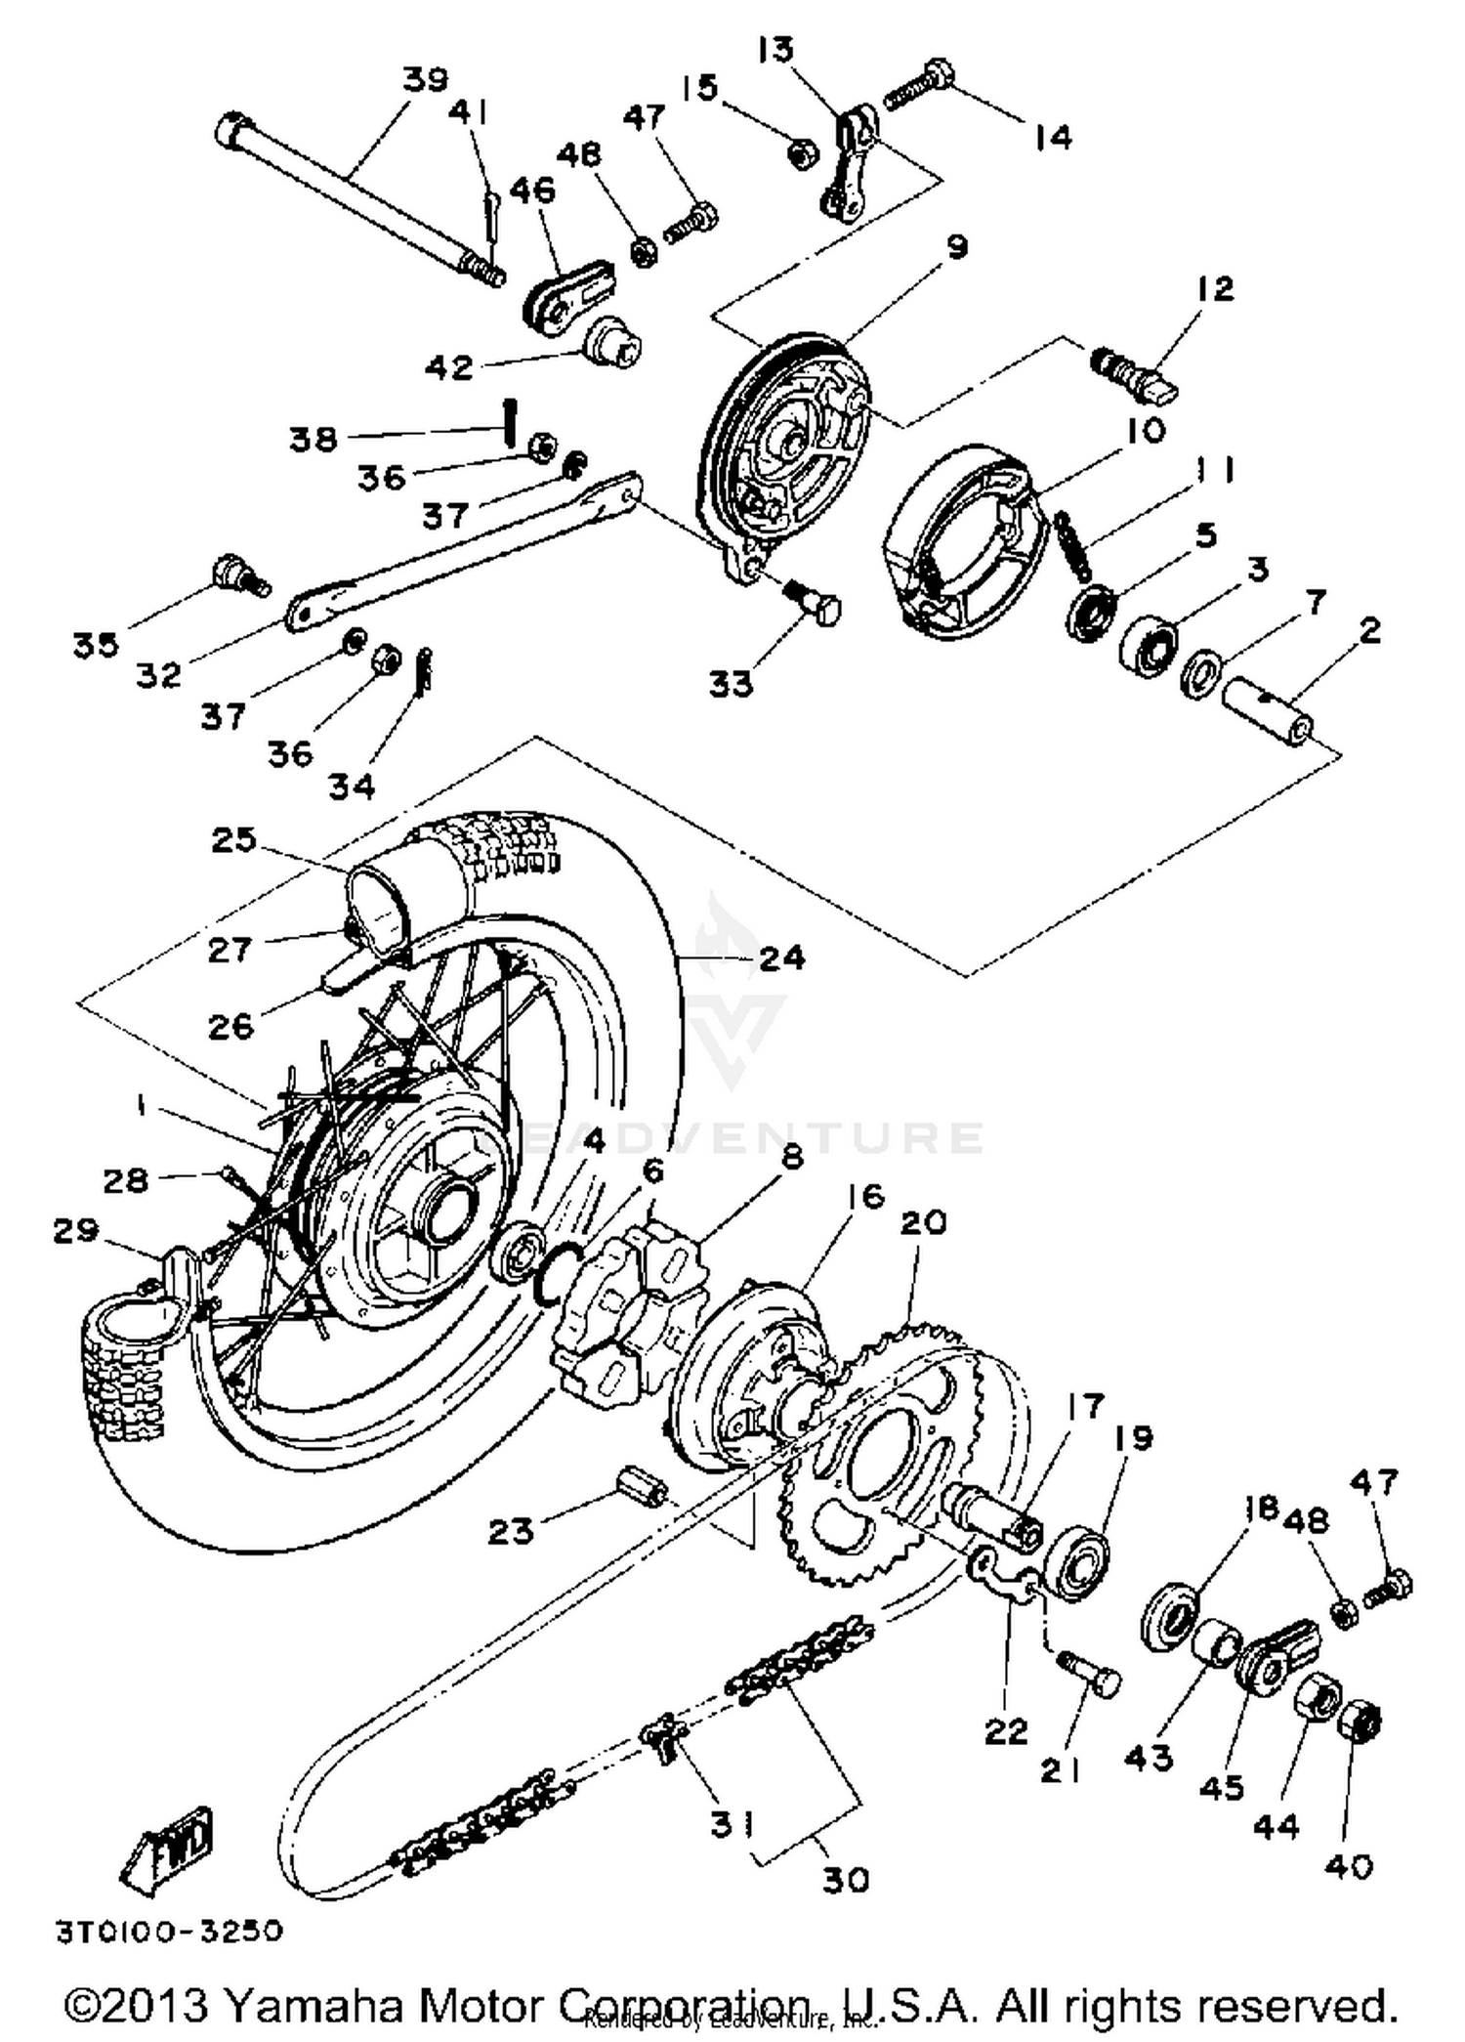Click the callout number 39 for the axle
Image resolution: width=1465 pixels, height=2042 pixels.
425,79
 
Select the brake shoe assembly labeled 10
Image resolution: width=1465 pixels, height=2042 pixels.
952,542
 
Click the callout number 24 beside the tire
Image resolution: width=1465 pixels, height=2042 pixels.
781,958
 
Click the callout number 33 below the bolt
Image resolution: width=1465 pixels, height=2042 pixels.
732,684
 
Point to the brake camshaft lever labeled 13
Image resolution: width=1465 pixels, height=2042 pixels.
850,161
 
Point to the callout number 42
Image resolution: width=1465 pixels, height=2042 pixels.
448,367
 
